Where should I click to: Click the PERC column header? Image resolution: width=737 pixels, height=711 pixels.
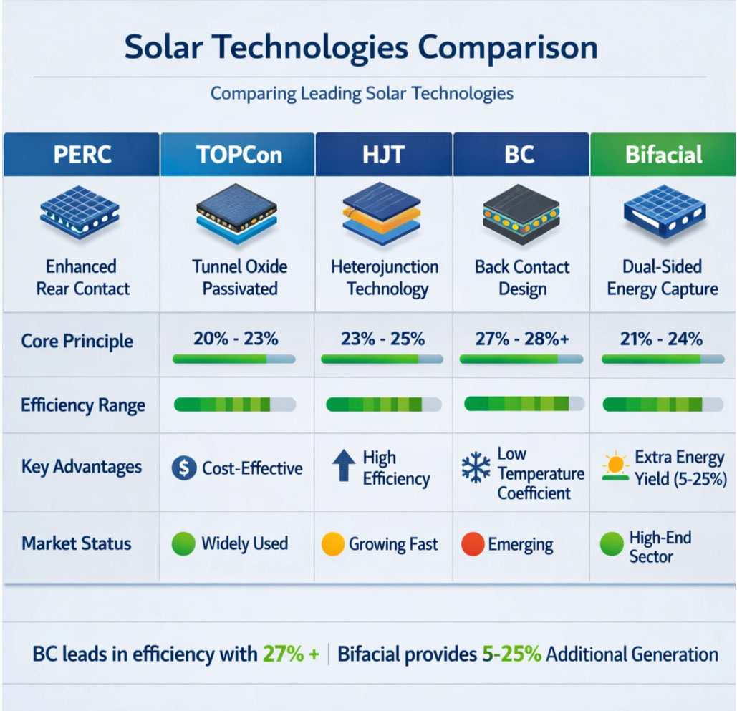(x=81, y=155)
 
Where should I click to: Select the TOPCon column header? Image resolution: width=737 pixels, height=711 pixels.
(x=237, y=155)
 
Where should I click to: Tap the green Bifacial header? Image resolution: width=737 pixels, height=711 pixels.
(x=663, y=155)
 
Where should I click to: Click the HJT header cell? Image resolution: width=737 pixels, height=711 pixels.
(x=384, y=155)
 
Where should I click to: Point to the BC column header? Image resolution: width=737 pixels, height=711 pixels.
(x=521, y=155)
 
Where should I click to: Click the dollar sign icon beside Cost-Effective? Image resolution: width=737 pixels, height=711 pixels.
(x=185, y=468)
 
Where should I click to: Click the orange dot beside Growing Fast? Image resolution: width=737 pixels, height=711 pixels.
(x=334, y=544)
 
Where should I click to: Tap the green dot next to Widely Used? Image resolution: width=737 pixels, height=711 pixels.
(x=184, y=544)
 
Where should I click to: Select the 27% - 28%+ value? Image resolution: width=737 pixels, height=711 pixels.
(x=522, y=339)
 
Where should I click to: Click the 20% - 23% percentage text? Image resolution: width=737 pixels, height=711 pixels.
(x=236, y=339)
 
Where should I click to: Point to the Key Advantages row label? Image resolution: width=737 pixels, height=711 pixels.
(x=82, y=468)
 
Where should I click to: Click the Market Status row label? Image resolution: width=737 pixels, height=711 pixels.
(x=77, y=543)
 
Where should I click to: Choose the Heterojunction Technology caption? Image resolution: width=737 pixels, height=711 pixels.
(x=385, y=278)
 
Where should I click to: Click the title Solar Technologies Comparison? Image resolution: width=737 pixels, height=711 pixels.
(x=361, y=48)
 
